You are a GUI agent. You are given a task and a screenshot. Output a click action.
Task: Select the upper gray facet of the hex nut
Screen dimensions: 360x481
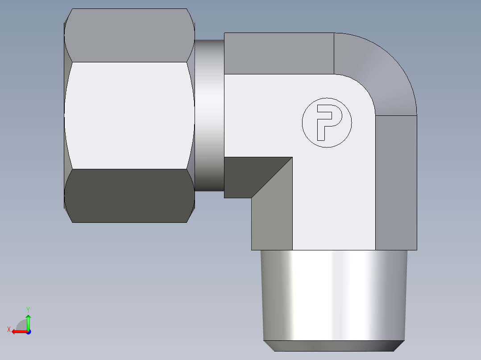click(129, 36)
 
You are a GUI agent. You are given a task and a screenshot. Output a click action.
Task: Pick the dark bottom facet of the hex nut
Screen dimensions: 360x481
click(129, 196)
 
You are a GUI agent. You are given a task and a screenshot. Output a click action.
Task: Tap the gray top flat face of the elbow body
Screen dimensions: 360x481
click(279, 53)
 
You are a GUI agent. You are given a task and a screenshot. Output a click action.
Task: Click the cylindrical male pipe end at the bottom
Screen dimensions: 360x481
click(335, 294)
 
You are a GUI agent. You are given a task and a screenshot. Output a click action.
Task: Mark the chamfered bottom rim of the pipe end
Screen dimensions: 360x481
click(335, 346)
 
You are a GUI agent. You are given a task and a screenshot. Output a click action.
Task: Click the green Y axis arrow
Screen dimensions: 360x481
click(28, 321)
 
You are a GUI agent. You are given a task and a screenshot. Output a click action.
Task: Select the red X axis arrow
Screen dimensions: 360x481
click(18, 331)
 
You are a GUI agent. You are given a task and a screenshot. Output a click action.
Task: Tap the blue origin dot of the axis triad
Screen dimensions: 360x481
click(28, 331)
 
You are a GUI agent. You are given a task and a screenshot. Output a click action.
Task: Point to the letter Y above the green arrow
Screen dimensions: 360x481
click(28, 309)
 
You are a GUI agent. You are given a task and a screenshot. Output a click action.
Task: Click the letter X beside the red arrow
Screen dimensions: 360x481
click(8, 329)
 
